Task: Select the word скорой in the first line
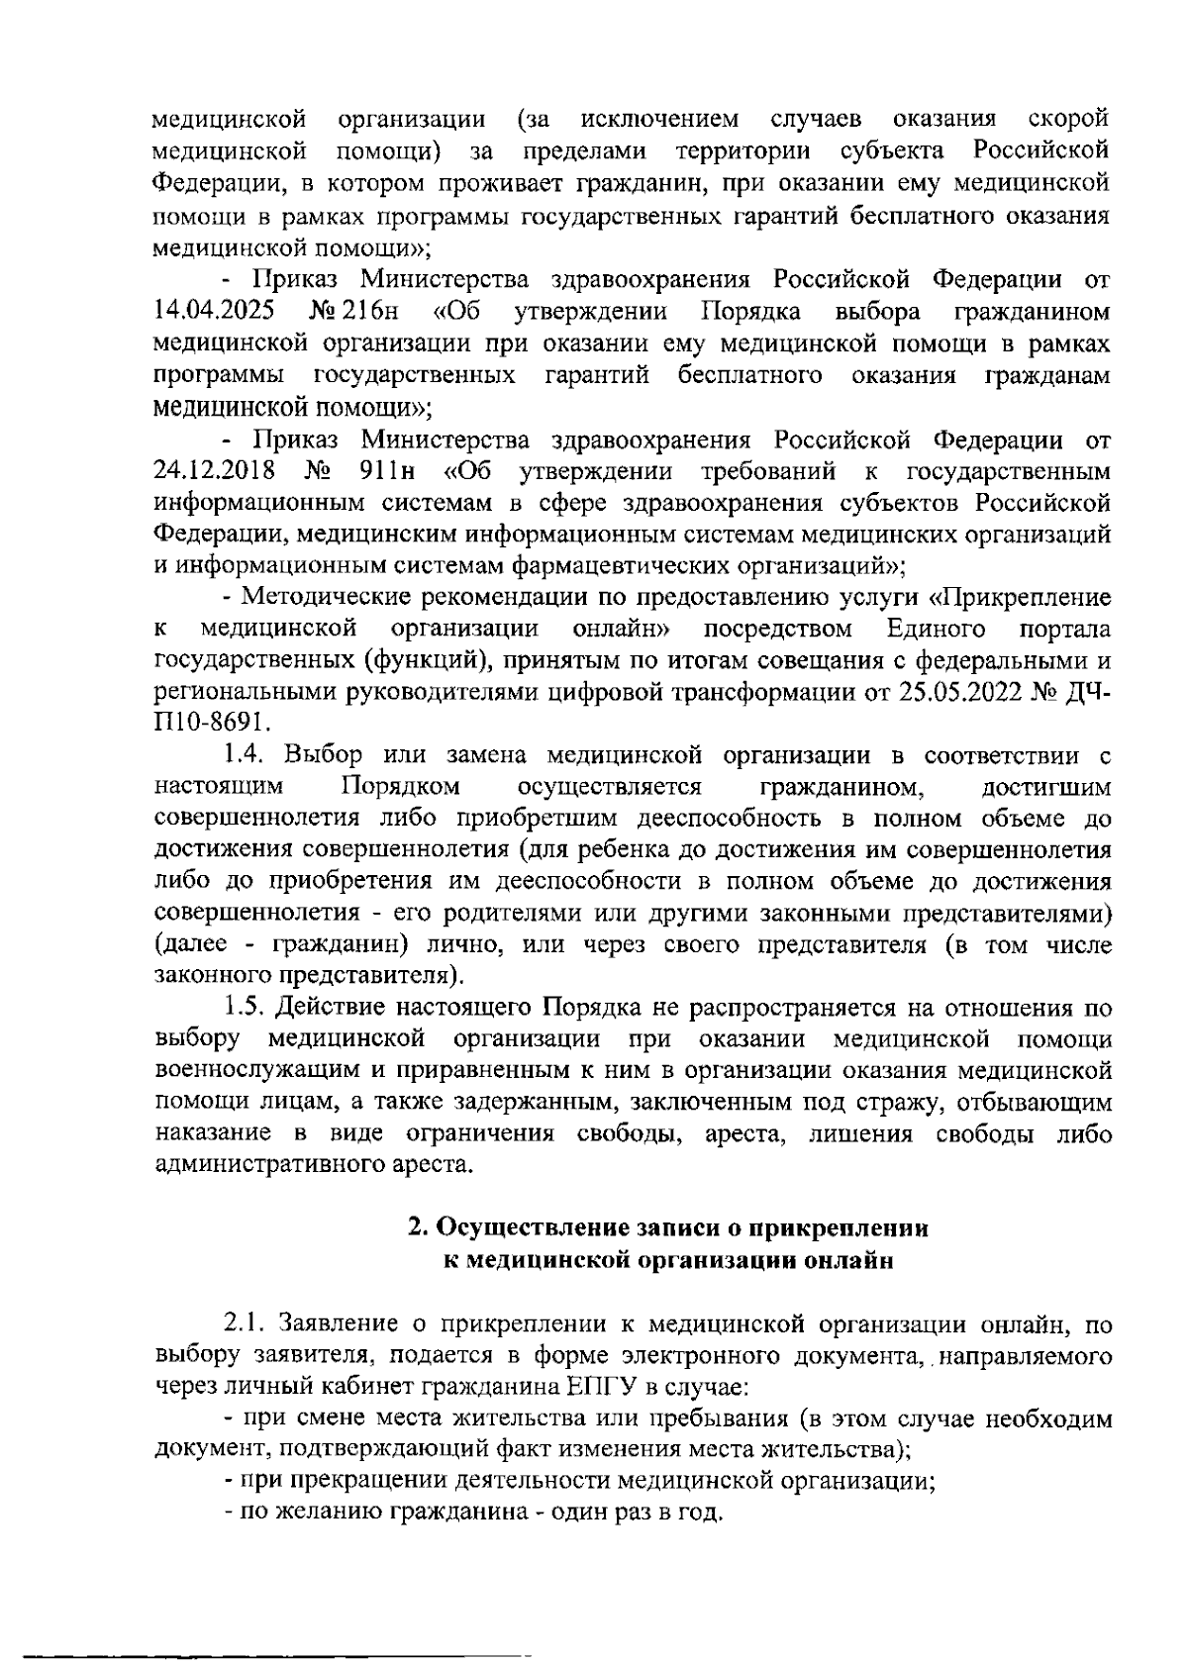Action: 1068,121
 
